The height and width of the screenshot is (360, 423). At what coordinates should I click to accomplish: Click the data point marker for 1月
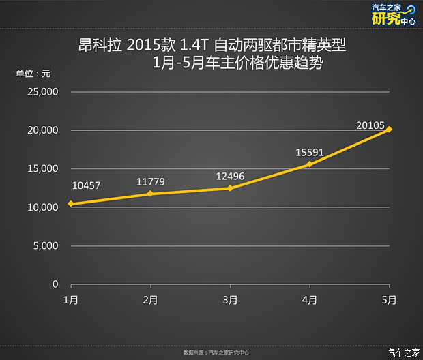point(70,204)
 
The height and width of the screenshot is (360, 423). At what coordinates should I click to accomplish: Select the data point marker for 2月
point(150,194)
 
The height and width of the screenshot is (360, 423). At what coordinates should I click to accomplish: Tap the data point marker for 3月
point(230,188)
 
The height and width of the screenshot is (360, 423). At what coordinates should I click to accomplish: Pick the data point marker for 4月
point(310,164)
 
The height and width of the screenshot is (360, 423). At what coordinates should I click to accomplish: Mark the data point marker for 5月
point(389,130)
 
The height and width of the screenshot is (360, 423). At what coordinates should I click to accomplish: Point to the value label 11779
point(150,181)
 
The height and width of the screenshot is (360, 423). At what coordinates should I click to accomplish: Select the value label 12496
point(230,176)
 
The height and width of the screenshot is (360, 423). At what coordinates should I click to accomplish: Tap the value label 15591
point(309,152)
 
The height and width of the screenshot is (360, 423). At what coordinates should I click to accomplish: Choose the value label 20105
point(370,125)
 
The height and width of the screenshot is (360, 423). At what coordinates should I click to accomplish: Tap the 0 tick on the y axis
point(56,284)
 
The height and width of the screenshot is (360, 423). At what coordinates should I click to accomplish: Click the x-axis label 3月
point(230,299)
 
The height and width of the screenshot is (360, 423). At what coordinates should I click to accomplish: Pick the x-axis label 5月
point(389,299)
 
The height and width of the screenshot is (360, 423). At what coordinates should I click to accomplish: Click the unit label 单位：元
point(33,74)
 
